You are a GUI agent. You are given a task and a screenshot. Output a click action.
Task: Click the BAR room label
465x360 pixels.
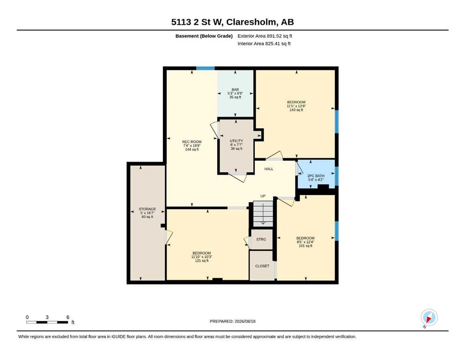point(235,90)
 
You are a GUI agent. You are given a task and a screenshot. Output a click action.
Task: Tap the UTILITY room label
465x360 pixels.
point(236,141)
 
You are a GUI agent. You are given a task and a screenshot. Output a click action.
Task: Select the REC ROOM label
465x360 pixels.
point(192,142)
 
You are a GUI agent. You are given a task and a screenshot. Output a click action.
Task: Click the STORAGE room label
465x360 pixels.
point(147,209)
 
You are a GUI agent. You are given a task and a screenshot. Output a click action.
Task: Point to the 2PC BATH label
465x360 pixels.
point(316,176)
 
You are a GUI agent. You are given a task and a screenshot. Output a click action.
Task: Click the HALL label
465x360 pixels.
point(269,169)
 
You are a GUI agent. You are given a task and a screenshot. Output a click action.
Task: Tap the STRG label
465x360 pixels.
point(261,239)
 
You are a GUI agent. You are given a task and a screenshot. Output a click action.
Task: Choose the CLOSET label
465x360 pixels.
point(262,266)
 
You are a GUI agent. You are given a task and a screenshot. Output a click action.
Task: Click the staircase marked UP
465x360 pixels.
point(263,213)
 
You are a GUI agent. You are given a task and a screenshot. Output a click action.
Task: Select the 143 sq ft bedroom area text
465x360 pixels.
point(296,110)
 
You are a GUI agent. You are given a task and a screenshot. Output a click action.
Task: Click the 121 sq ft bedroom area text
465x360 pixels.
point(202,261)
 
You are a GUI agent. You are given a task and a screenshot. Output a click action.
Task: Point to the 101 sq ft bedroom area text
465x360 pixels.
point(305,246)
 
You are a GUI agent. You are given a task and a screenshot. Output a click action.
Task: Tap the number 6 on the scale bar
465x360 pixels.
point(67,317)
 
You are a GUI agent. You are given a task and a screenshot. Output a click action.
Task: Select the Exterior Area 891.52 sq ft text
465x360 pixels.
point(265,36)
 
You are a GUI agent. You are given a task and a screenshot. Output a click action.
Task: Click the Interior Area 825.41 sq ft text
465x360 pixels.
point(264,44)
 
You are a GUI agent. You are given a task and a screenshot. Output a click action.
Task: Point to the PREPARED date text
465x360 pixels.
point(232,321)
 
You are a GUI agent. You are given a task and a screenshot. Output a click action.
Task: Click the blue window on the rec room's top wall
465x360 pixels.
point(205,68)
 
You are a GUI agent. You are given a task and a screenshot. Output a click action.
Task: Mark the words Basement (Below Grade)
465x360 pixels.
point(204,36)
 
